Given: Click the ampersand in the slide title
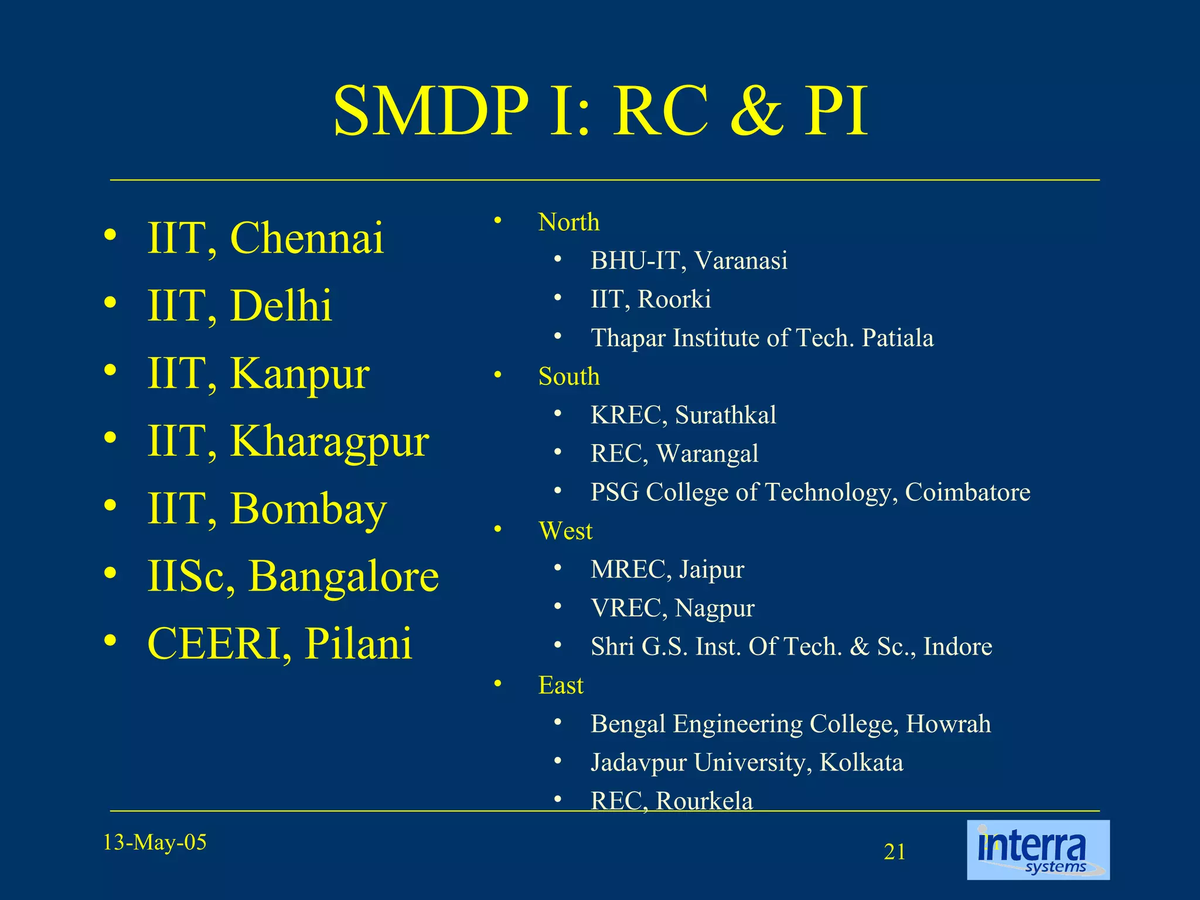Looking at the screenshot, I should point(756,111).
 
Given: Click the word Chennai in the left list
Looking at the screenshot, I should point(307,238).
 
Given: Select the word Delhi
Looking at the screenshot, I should point(281,306).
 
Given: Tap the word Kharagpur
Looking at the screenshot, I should point(330,442).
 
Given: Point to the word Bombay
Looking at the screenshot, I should point(308,509).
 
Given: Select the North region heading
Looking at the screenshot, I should point(568,223).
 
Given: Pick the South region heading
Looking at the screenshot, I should point(568,377).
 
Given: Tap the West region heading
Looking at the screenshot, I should point(565,531).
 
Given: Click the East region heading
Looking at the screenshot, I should point(561,686).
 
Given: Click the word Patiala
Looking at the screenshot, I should point(897,338).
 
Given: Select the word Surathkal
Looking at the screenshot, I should point(725,415).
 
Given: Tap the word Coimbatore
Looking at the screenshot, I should point(967,492).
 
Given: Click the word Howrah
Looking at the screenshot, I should point(948,724).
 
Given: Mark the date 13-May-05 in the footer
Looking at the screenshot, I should point(155,843).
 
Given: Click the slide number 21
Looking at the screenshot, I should point(894,852).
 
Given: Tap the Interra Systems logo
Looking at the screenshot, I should point(1038,850).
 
